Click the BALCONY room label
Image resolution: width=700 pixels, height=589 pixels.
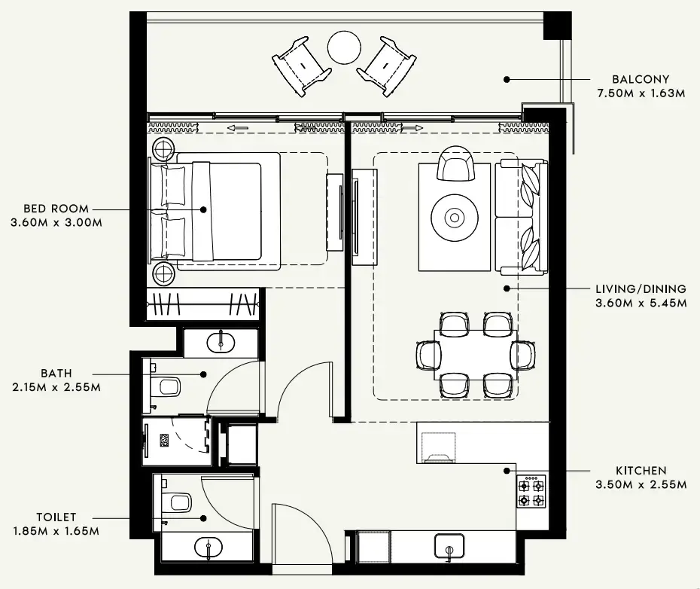tap(640, 79)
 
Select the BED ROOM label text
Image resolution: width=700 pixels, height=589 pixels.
tap(56, 209)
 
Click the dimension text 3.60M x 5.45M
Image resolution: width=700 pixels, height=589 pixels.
tap(641, 304)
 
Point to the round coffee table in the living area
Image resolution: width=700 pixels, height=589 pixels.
tap(455, 218)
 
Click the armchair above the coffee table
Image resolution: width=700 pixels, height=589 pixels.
tap(456, 163)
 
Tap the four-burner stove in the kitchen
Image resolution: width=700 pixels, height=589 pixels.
tap(531, 493)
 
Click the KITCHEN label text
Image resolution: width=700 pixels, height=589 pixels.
tap(641, 471)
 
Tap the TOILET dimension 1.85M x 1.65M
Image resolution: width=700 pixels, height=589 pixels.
tap(55, 531)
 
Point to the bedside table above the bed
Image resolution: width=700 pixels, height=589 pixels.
tap(164, 148)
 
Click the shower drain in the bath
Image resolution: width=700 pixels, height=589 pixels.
tap(165, 439)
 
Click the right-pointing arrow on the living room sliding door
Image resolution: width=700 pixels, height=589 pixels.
tap(412, 128)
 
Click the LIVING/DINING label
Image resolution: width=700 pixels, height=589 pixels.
tap(641, 289)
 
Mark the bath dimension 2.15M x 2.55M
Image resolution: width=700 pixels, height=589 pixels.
tap(56, 387)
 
